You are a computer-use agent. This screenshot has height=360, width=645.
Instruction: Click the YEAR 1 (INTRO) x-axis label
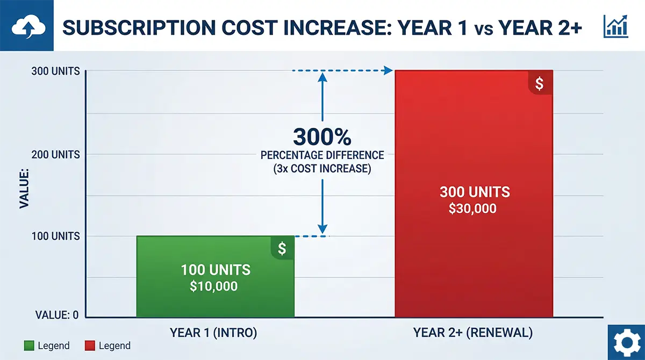[213, 333]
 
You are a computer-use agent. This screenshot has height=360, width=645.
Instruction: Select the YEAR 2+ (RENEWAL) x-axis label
[473, 333]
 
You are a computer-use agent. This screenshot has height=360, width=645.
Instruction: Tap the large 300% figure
[322, 136]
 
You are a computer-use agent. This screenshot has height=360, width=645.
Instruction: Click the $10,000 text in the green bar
[213, 286]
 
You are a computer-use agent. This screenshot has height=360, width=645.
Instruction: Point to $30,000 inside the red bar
[473, 208]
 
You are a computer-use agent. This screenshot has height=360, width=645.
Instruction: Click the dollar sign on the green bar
[282, 248]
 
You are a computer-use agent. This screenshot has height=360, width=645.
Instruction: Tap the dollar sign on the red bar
[540, 83]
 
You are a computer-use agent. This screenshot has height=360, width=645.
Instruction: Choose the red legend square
[90, 345]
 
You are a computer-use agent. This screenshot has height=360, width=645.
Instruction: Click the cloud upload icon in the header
[26, 26]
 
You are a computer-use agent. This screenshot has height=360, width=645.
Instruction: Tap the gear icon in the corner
[626, 342]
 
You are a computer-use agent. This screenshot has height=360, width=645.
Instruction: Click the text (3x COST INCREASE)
[322, 168]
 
